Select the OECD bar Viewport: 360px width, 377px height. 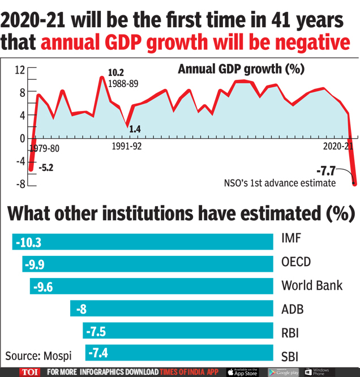[x=148, y=264]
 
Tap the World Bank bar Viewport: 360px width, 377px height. [x=152, y=286]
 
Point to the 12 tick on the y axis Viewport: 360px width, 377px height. [x=20, y=70]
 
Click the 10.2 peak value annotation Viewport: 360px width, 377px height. [x=117, y=73]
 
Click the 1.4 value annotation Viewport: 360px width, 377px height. [x=135, y=129]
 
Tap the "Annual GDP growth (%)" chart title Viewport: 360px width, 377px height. [x=241, y=69]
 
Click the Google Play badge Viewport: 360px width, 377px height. [x=284, y=372]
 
